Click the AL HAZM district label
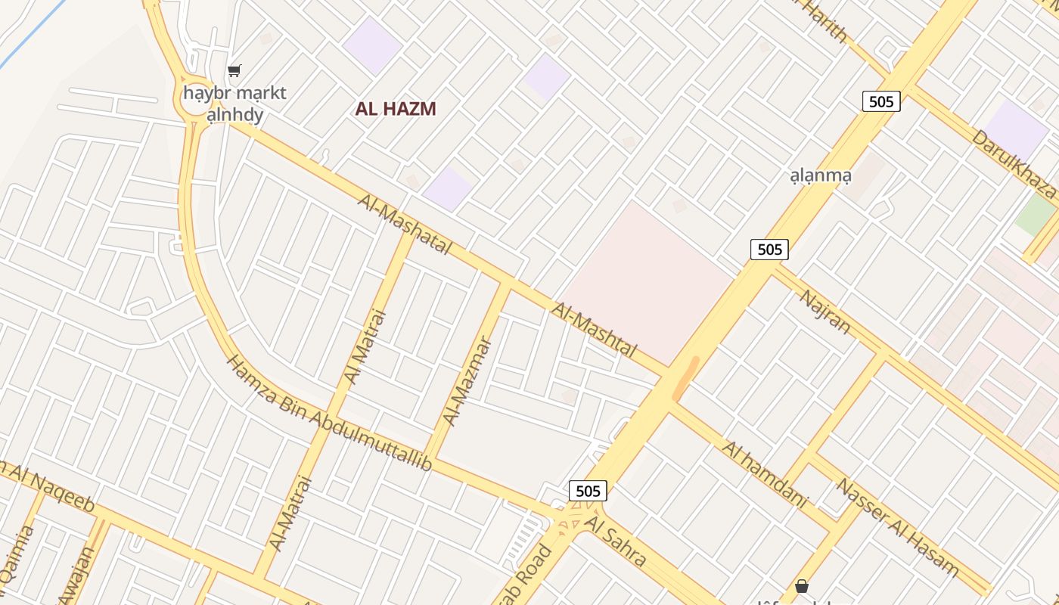(x=396, y=109)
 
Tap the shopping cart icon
(x=234, y=71)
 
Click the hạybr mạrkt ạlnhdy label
(x=235, y=104)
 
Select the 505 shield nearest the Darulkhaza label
(x=881, y=101)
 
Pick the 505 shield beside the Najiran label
(x=769, y=249)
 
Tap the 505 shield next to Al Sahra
(x=588, y=491)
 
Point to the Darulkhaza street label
(x=1014, y=163)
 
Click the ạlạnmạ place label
(x=821, y=176)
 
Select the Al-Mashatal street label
(x=405, y=225)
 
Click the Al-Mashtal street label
(x=595, y=330)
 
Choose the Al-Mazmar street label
(x=467, y=382)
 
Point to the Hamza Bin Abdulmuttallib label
(x=329, y=413)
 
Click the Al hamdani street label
(x=765, y=474)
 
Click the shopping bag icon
(x=801, y=586)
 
